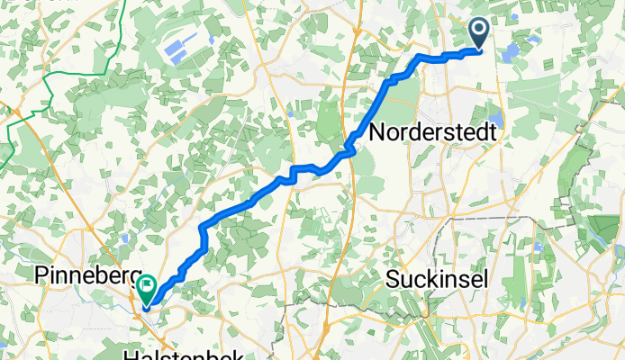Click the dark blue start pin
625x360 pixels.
(x=478, y=34)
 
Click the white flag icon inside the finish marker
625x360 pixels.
(x=146, y=287)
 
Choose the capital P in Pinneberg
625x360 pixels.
(x=41, y=275)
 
